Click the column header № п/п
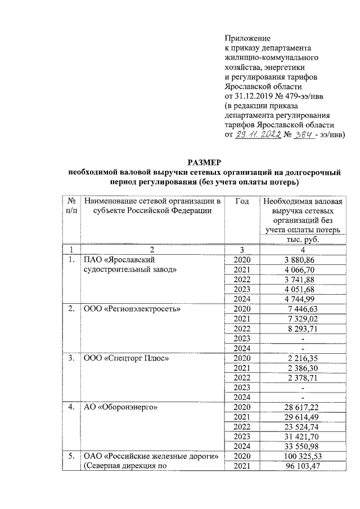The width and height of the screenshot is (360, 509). tap(71, 206)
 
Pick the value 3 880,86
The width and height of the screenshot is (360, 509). tap(303, 260)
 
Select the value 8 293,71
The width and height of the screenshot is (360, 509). tap(303, 328)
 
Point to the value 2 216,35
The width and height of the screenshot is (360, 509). tap(303, 358)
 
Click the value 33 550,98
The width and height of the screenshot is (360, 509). tap(303, 445)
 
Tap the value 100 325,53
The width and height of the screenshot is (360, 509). tap(303, 456)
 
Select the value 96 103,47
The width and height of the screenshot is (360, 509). tap(303, 466)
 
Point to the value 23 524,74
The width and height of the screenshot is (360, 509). tap(303, 426)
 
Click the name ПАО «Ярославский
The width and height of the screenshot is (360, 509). tap(119, 260)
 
